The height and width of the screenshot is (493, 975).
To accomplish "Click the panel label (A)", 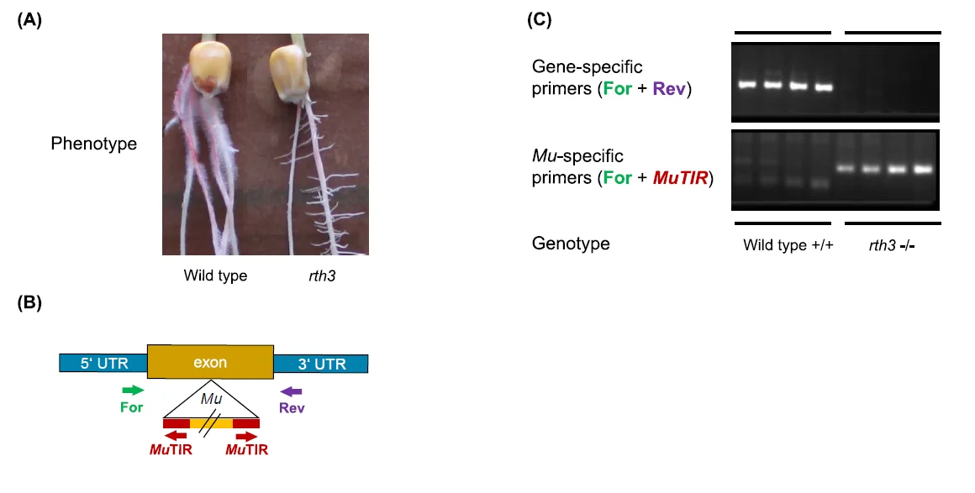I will [30, 22].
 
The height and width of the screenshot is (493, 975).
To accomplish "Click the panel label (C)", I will [539, 21].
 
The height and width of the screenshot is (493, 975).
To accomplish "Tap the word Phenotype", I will [93, 144].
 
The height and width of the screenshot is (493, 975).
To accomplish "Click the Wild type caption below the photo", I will [215, 275].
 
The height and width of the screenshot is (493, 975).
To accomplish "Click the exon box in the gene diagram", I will [209, 363].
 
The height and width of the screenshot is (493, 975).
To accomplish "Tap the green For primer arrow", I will [133, 391].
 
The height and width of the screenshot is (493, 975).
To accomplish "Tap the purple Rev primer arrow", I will [291, 391].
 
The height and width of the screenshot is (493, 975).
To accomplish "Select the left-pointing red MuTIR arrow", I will [176, 436].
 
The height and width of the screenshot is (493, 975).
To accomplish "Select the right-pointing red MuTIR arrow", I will [246, 436].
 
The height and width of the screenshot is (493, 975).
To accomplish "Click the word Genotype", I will [571, 244].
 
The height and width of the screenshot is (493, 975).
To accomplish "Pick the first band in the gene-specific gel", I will [746, 84].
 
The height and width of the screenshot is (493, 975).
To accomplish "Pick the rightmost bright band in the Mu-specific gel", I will [924, 169].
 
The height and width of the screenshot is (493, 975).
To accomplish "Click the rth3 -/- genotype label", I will [890, 246].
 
